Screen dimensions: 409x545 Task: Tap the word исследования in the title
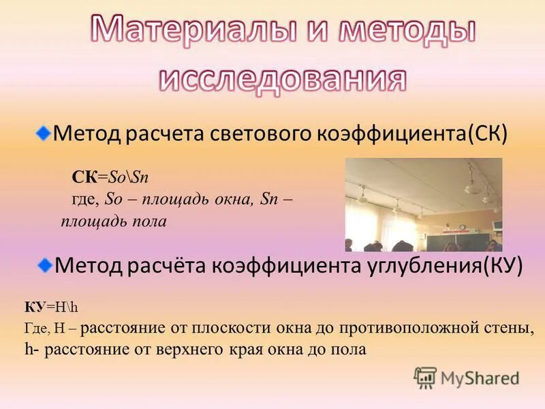tap(283, 78)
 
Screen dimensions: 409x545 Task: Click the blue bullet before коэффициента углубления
tap(44, 263)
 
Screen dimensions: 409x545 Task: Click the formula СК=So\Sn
tap(110, 177)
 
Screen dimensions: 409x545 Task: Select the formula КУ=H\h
tap(52, 307)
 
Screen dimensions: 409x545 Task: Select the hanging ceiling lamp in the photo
tap(469, 184)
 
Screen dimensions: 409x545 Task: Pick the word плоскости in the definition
tap(235, 328)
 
